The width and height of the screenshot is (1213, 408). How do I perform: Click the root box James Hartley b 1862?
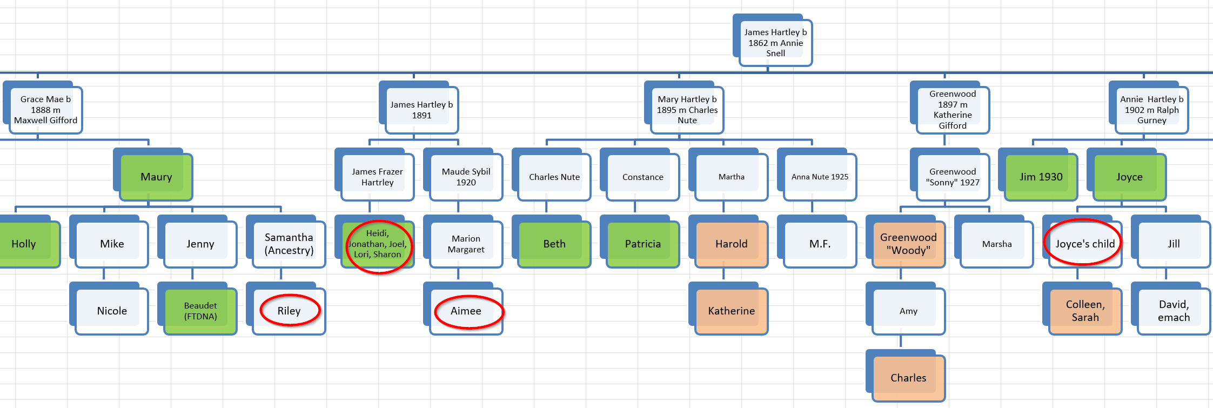(775, 43)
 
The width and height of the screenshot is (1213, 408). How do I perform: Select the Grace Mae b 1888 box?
(45, 110)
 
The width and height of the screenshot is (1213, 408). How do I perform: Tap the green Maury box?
(156, 177)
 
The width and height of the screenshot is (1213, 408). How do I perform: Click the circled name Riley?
(289, 311)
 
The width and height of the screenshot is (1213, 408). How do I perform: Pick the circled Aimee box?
(466, 311)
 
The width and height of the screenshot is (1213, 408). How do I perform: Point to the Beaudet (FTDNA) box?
(200, 311)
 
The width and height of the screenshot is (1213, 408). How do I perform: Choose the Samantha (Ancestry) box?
(289, 244)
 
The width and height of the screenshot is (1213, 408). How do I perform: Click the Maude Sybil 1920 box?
(466, 177)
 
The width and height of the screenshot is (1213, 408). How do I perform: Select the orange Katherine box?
(731, 311)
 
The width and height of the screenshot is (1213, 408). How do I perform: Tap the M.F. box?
(820, 244)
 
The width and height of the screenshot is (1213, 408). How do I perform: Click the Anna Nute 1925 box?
(820, 177)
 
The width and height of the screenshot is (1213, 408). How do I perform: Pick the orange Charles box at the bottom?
(908, 378)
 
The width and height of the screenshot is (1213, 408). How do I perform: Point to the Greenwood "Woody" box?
(908, 244)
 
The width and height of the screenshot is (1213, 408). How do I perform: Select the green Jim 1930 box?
(1041, 177)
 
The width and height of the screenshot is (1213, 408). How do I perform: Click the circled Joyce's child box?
(1085, 244)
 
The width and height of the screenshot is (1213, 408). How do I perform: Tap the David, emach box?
(1174, 311)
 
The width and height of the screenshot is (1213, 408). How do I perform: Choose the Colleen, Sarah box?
(1085, 311)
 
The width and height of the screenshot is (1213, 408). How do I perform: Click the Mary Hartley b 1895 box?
(687, 110)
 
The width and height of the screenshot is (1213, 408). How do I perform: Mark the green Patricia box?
(642, 244)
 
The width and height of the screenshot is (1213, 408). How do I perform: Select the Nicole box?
(112, 311)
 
